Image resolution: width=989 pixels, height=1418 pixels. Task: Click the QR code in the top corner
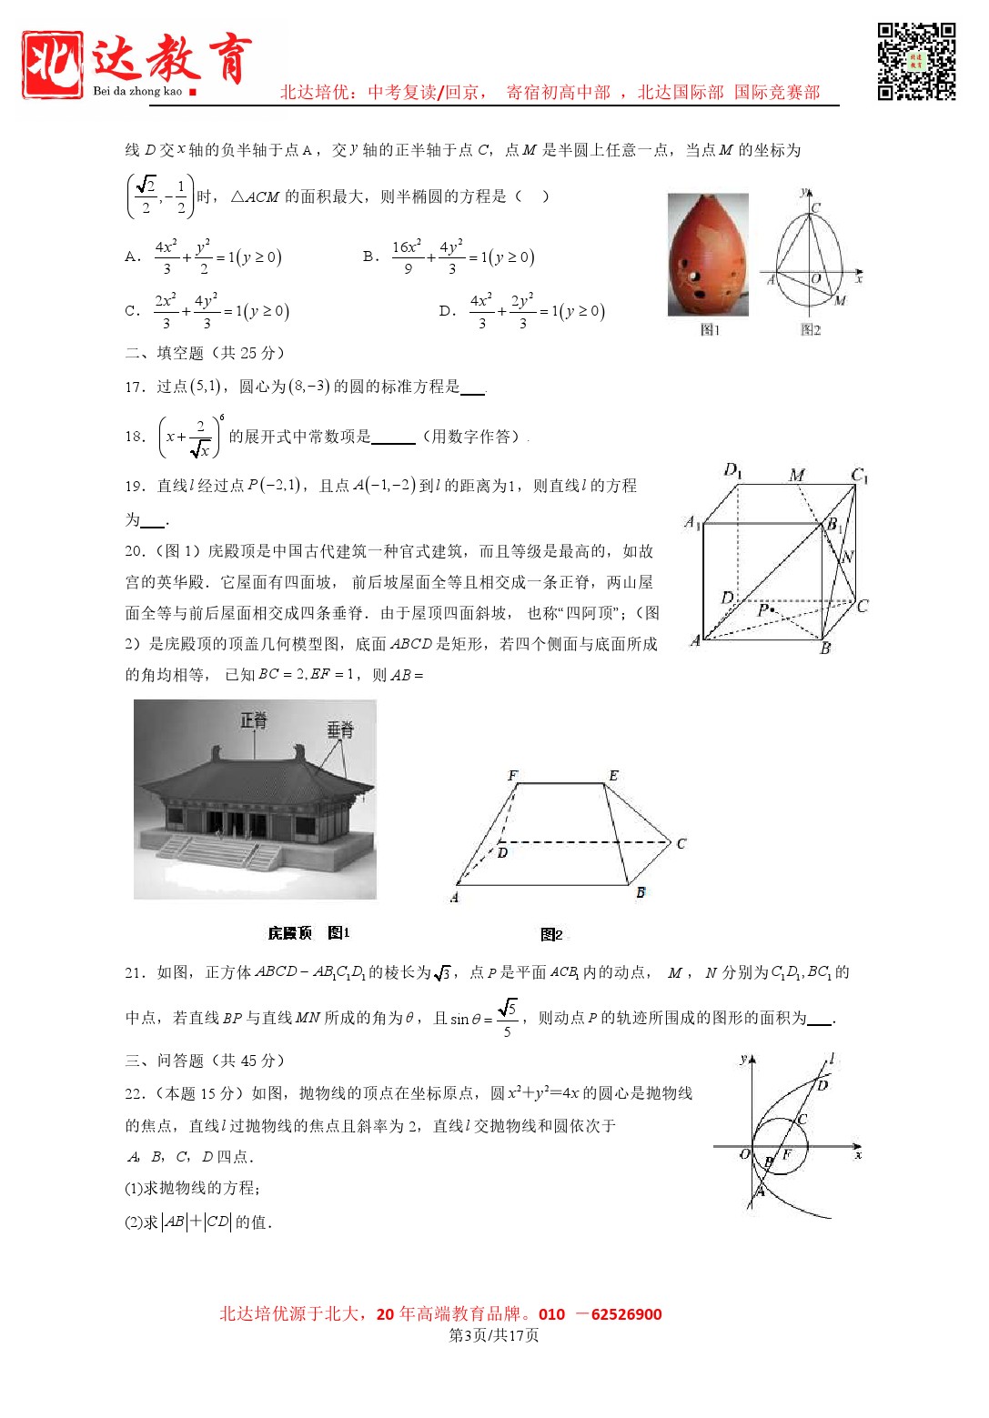coord(916,61)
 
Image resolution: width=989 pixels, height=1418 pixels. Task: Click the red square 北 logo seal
coord(53,64)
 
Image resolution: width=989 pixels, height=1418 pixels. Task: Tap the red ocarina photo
coord(708,255)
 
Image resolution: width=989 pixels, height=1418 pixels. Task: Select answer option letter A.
coord(132,257)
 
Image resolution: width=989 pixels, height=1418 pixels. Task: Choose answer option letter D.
coord(446,311)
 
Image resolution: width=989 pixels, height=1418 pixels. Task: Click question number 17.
coord(135,387)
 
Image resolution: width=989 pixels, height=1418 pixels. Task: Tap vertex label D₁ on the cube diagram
coord(732,470)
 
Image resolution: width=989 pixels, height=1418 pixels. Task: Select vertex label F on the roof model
coord(512,776)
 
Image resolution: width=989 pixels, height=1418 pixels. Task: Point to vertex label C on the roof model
coord(681,844)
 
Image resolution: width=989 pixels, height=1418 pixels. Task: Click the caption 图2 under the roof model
coord(551,934)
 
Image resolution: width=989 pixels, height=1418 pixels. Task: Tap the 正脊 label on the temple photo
coord(254,721)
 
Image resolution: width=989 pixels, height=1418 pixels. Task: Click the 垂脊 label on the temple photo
coord(340,729)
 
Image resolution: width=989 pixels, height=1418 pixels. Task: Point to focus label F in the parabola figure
coord(787,1155)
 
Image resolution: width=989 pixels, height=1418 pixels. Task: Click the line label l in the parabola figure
coord(831,1059)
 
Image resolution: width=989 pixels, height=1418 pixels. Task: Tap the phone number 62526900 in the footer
coord(626,1314)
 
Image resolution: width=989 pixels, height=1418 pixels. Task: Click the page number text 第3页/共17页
coord(494,1335)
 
